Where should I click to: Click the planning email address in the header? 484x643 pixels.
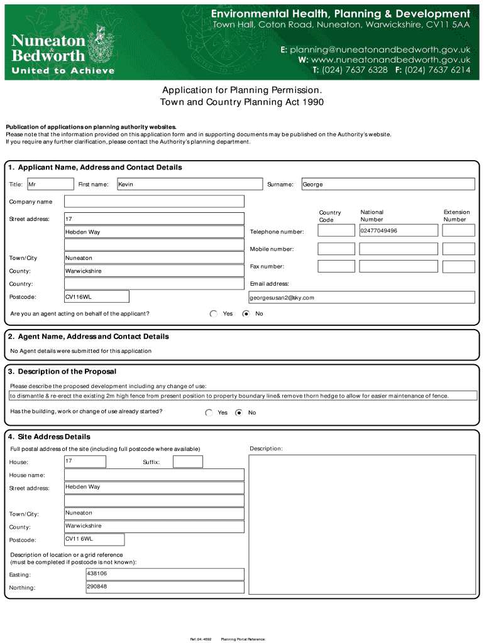[375, 48]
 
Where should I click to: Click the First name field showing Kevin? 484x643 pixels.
[189, 184]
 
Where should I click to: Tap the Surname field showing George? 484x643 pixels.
[388, 184]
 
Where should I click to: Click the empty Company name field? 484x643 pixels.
[154, 202]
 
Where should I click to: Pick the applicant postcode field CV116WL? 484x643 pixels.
[97, 297]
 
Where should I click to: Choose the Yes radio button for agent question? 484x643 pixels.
[214, 313]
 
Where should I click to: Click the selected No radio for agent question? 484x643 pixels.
[246, 313]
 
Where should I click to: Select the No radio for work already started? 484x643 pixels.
[239, 413]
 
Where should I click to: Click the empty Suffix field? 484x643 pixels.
[187, 462]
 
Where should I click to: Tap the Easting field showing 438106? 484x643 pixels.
[165, 574]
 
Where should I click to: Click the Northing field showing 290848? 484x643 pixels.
[165, 587]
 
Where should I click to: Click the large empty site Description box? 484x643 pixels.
[363, 524]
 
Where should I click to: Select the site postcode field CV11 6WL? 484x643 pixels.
[94, 539]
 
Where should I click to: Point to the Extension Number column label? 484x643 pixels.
[456, 216]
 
